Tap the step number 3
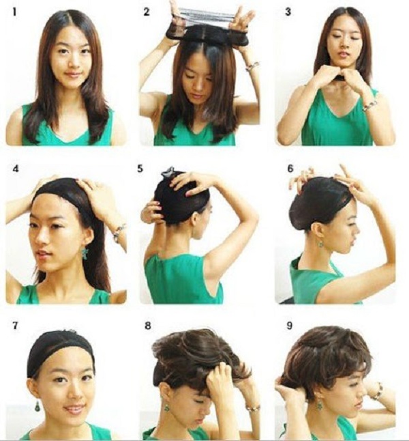[x=289, y=12]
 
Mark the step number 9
[x=290, y=326]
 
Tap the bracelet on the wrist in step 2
[x=253, y=66]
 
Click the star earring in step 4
[x=85, y=253]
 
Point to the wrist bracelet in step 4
[x=119, y=231]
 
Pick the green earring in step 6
[x=320, y=242]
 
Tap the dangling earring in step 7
[x=36, y=406]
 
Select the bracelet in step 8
[x=253, y=408]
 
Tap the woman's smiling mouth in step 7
[x=74, y=408]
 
